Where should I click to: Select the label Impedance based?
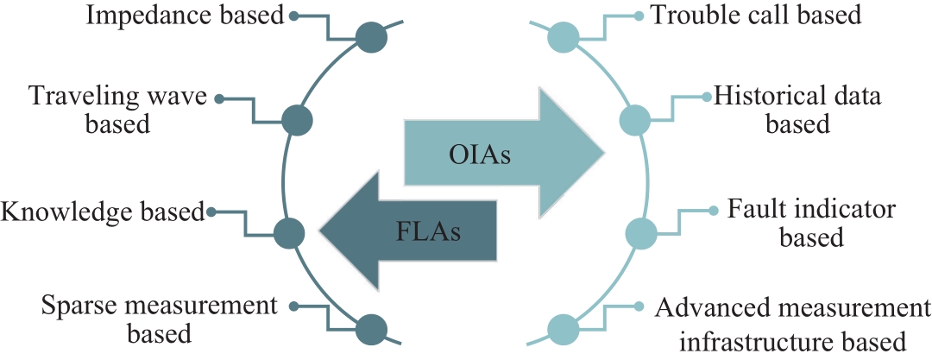pos(186,16)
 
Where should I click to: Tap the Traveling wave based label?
pos(117,111)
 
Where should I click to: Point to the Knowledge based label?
pos(102,212)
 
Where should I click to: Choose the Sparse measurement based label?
pos(160,319)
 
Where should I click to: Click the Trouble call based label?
pos(756,15)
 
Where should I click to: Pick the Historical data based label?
pos(797,110)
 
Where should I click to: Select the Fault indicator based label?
pos(811,223)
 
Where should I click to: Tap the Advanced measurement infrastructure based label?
pos(793,325)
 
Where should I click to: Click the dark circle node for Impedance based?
pos(371,37)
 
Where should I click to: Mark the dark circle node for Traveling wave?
pos(297,121)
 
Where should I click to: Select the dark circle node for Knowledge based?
pos(289,233)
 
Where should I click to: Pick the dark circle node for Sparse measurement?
pos(371,329)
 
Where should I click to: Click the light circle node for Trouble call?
pos(563,37)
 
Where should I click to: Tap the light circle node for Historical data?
pos(635,121)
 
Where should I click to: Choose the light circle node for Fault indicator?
pos(641,233)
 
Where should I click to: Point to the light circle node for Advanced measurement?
pos(563,329)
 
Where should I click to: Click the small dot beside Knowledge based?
pos(211,211)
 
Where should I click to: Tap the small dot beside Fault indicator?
pos(714,210)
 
